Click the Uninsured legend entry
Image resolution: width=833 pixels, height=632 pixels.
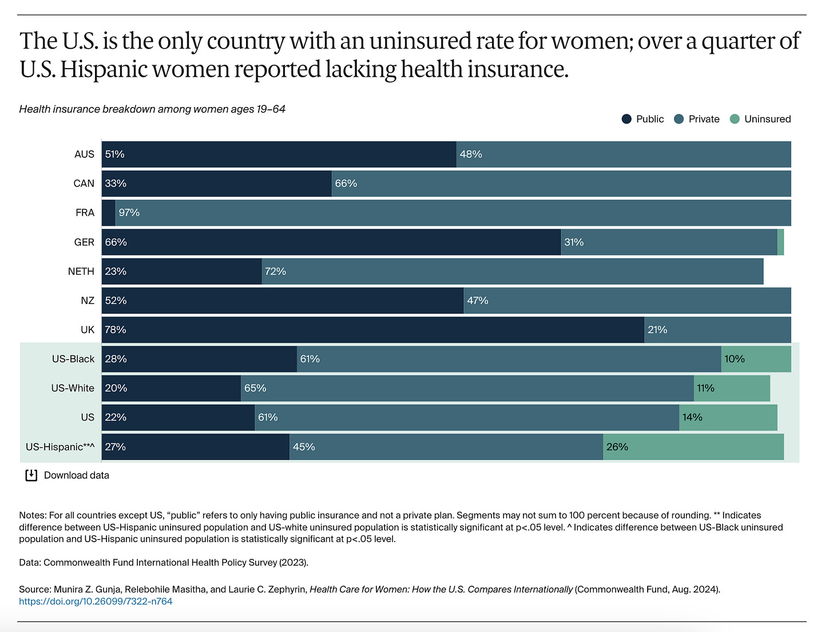click(x=761, y=119)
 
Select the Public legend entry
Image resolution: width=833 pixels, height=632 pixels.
click(x=643, y=119)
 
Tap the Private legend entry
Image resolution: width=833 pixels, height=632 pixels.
click(x=697, y=119)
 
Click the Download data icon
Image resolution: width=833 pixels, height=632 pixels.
click(x=31, y=475)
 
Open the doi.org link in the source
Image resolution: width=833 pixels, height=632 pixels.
click(x=96, y=601)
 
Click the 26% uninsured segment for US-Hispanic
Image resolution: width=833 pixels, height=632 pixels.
click(x=693, y=447)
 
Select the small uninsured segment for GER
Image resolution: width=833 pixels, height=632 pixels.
click(x=780, y=242)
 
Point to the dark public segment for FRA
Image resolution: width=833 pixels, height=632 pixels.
click(x=109, y=213)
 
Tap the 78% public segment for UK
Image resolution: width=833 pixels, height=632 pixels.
click(x=373, y=330)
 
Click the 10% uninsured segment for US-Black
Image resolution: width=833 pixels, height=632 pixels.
click(x=756, y=359)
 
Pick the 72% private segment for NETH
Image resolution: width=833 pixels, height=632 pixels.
click(x=513, y=271)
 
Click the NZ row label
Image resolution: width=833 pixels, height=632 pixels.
click(x=87, y=301)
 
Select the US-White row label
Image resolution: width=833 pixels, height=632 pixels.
click(x=73, y=388)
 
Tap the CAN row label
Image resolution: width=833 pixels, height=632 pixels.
click(x=84, y=184)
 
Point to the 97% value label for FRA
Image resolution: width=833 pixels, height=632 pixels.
click(x=129, y=213)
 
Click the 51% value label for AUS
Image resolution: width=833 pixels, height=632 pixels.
click(x=115, y=154)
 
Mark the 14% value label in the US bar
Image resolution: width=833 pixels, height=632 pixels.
click(x=692, y=418)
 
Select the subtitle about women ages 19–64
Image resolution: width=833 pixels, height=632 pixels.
click(x=152, y=109)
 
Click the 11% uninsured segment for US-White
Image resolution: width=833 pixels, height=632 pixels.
click(x=732, y=388)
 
